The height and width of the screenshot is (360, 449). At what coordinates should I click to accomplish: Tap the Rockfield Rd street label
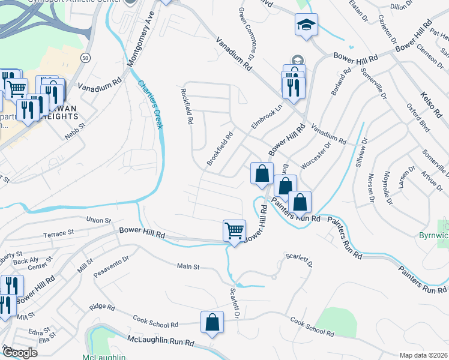187,106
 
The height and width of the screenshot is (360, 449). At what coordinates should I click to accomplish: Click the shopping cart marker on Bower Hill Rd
234,230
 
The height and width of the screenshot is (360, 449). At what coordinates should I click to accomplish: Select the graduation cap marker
306,26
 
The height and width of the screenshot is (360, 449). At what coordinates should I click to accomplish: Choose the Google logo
20,353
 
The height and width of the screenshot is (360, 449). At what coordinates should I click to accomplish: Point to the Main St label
188,266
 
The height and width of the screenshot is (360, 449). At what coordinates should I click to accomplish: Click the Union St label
99,220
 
